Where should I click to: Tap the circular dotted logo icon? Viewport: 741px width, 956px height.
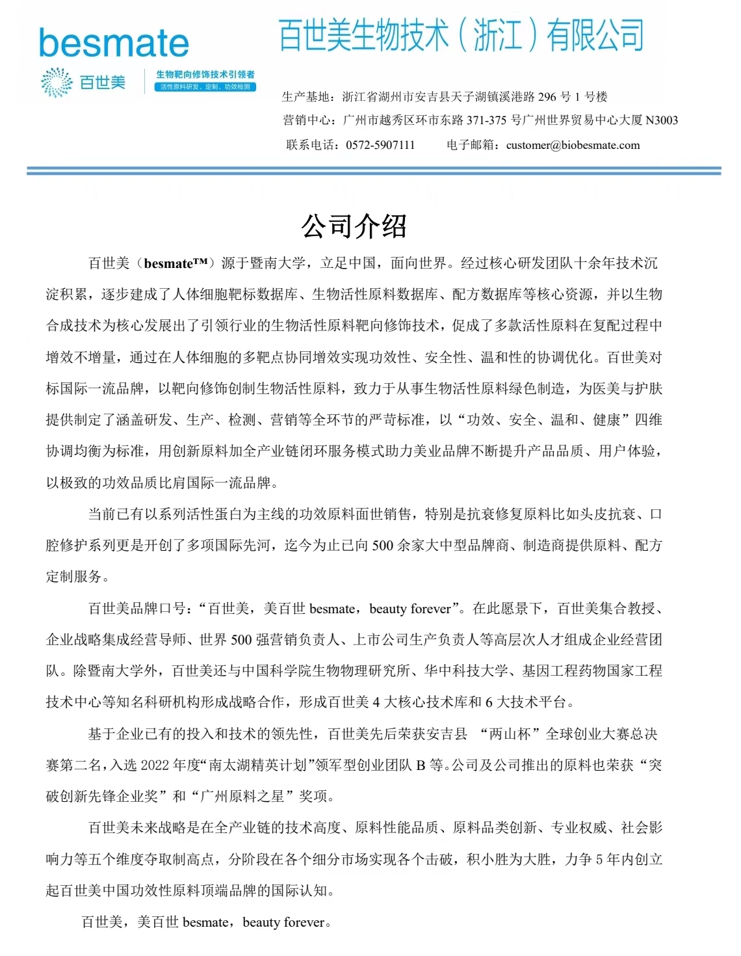(x=57, y=83)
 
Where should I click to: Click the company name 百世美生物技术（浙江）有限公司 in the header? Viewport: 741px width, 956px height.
(x=461, y=35)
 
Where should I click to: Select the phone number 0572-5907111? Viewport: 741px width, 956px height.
(x=380, y=145)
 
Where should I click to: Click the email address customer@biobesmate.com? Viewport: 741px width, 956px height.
(x=573, y=145)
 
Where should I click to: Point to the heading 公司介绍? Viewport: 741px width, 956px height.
(x=354, y=226)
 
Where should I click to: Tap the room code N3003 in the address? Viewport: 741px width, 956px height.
(x=662, y=120)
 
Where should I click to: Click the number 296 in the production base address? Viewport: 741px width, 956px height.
(x=547, y=97)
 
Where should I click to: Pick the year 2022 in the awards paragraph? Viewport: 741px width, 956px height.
(x=155, y=765)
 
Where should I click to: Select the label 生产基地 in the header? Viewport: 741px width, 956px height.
(x=307, y=97)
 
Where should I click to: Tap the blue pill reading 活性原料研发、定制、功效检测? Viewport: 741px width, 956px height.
(x=205, y=87)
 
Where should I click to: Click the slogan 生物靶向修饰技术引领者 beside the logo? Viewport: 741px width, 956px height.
(x=205, y=74)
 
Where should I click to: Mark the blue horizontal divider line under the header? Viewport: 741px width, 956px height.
(x=374, y=170)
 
